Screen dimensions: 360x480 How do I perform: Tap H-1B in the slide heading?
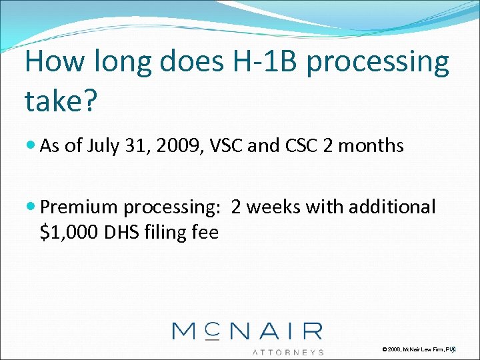251,63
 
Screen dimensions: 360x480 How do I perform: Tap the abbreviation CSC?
291,146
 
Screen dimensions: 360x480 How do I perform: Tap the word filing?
165,233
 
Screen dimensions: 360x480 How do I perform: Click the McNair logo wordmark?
247,331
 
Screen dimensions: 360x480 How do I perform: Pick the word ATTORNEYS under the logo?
287,351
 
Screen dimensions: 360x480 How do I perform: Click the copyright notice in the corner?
419,349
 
